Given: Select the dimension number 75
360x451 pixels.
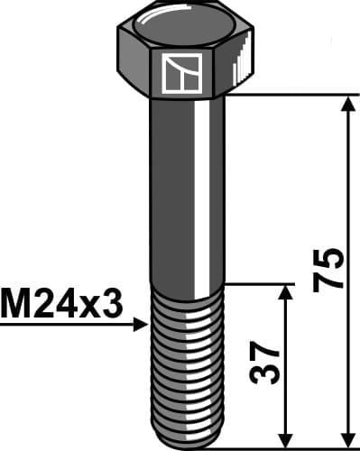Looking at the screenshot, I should [x=331, y=268].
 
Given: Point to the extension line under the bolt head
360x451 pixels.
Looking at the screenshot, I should [x=289, y=94].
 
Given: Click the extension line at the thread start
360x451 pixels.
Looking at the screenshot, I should [x=262, y=284].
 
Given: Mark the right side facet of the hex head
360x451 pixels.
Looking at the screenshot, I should [x=242, y=63].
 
